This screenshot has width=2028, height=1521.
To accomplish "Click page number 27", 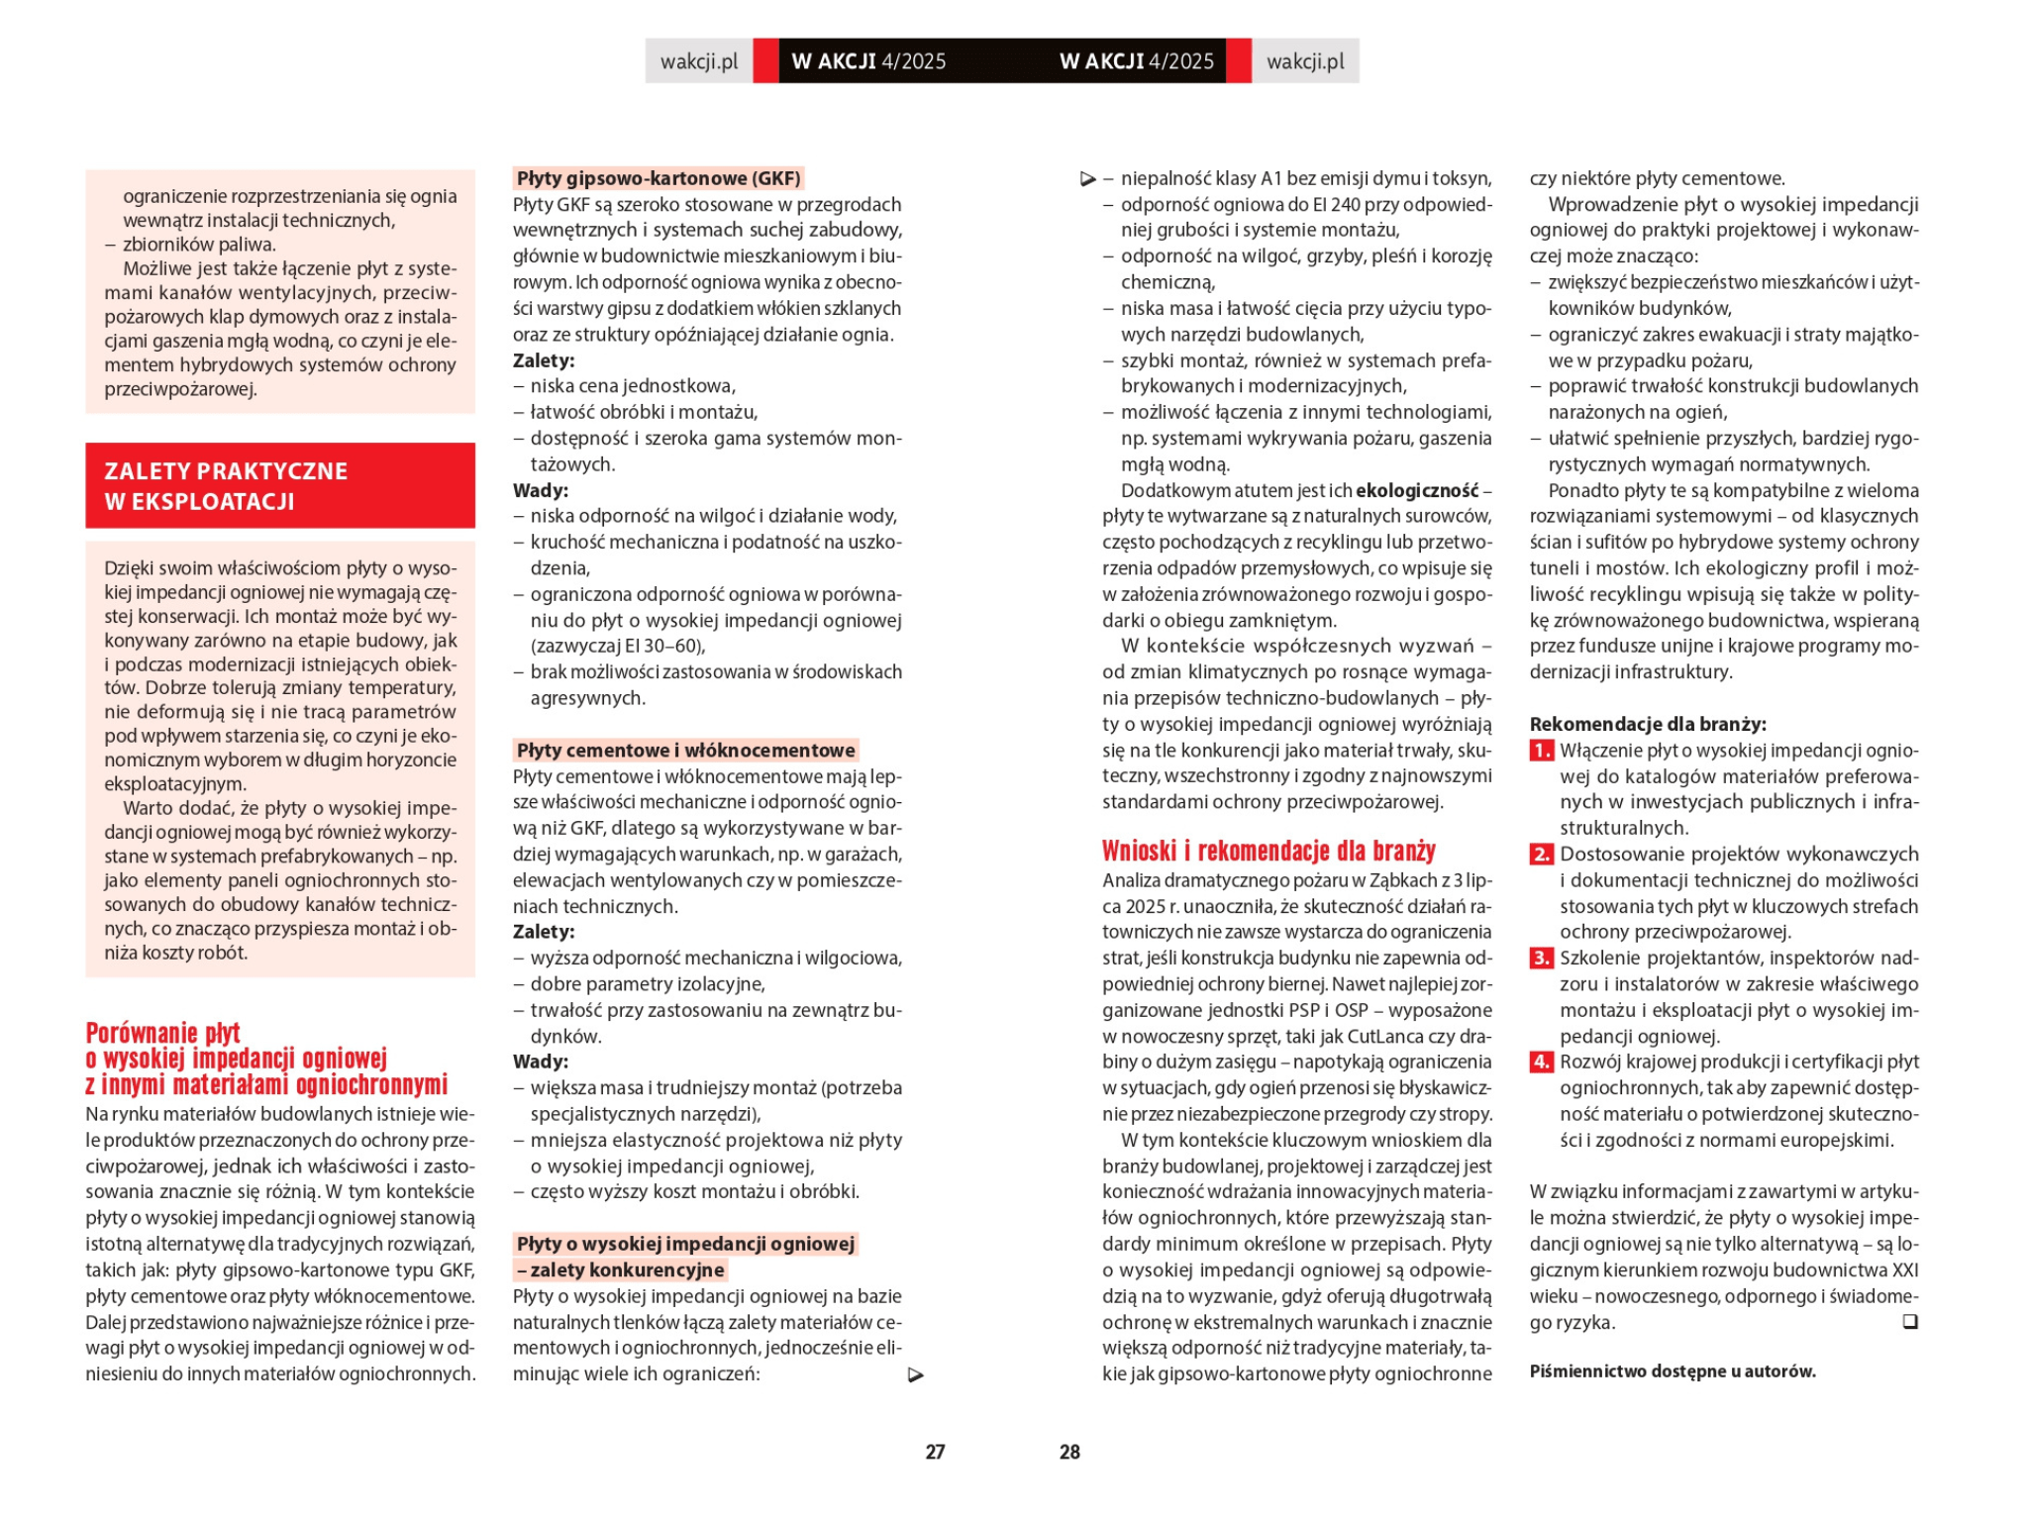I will point(935,1452).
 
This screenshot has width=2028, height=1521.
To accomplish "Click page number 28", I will point(1069,1452).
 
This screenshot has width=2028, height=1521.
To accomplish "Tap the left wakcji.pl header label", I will point(699,61).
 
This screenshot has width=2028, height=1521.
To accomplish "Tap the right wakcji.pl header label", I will point(1305,61).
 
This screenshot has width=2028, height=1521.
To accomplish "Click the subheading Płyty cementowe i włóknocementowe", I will point(685,750).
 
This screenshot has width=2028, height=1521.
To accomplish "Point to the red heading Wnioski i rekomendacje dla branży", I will point(1268,851).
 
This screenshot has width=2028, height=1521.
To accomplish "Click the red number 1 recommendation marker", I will point(1541,751).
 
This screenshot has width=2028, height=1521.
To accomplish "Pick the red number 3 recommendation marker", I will point(1541,958).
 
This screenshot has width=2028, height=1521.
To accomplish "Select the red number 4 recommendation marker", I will point(1541,1062).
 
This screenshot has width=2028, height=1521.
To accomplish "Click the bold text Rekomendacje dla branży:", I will point(1648,724).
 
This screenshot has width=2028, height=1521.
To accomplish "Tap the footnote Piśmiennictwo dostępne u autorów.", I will point(1673,1371).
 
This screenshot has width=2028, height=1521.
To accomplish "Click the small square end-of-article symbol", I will point(1910,1322).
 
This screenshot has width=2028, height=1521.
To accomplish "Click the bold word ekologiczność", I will point(1416,490).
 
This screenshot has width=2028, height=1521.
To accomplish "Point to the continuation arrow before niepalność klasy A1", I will point(1087,179).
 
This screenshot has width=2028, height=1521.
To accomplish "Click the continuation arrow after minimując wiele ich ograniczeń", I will point(916,1374).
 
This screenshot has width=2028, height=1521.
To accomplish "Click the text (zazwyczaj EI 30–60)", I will point(618,647).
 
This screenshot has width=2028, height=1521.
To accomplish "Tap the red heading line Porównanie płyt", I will point(163,1033).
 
